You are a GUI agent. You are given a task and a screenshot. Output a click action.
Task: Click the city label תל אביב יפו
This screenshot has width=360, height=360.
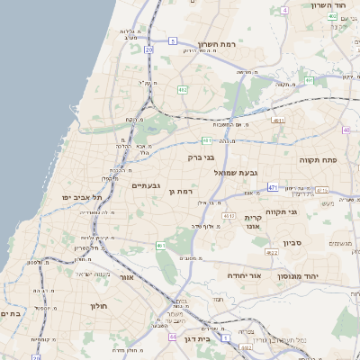pyautogui.click(x=82, y=197)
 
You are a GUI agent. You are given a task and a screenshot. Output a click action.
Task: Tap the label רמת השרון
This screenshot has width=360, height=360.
pyautogui.click(x=216, y=44)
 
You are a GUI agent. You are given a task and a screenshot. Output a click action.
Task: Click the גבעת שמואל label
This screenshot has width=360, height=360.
pyautogui.click(x=236, y=171)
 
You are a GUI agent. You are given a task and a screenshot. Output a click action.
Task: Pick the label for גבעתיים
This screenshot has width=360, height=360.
pyautogui.click(x=146, y=185)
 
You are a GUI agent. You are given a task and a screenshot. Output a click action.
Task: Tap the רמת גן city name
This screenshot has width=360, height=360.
pyautogui.click(x=181, y=191)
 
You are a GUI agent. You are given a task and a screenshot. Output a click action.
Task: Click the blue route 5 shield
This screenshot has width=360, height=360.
pyautogui.click(x=172, y=40)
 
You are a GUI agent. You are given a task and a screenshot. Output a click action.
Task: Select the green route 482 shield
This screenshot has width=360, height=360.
pyautogui.click(x=183, y=90)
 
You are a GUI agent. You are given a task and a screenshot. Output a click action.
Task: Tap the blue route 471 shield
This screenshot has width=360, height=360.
pyautogui.click(x=273, y=187)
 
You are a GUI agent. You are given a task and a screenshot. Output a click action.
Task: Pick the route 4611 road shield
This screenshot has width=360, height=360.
pyautogui.click(x=207, y=140)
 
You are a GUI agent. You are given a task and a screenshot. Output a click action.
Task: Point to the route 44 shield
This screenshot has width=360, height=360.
pyautogui.click(x=172, y=336)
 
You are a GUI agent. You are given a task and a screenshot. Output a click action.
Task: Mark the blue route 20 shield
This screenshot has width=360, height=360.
pyautogui.click(x=148, y=49)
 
